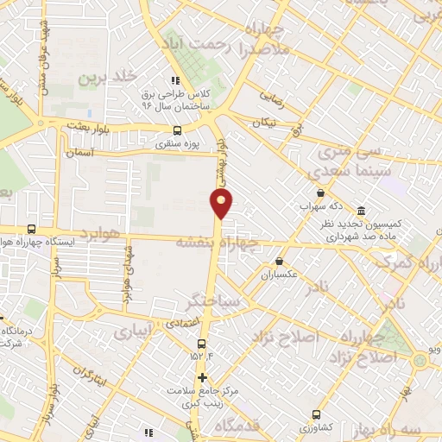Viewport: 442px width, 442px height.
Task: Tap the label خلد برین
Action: point(109,78)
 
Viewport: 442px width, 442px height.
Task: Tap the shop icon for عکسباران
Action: point(279,261)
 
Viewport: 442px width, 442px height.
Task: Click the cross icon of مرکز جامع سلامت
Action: point(202,377)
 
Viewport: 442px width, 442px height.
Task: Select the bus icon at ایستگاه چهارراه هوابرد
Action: point(32,230)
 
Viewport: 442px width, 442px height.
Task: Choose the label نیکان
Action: point(265,124)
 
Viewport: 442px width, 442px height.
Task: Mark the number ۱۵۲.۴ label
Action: point(199,356)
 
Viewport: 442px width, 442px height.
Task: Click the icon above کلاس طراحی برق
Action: point(178,80)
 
